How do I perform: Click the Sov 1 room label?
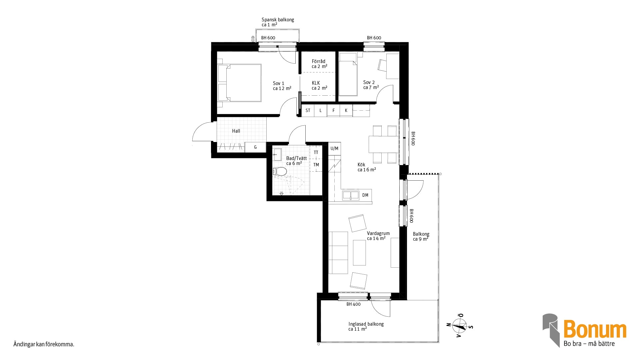point(282,86)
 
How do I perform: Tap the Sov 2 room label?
point(371,85)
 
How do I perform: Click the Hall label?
point(236,131)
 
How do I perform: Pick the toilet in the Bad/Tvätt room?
point(280,172)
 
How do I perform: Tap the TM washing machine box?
point(316,165)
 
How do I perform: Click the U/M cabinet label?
point(334,148)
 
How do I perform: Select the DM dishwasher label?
point(365,195)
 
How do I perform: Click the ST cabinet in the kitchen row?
point(308,110)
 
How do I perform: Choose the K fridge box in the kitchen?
point(346,110)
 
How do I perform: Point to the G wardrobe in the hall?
point(255,147)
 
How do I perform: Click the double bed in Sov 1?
point(239,83)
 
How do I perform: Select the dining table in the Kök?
point(384,144)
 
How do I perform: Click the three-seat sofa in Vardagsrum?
point(338,253)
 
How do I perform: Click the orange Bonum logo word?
point(595,329)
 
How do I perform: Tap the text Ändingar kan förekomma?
point(44,344)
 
